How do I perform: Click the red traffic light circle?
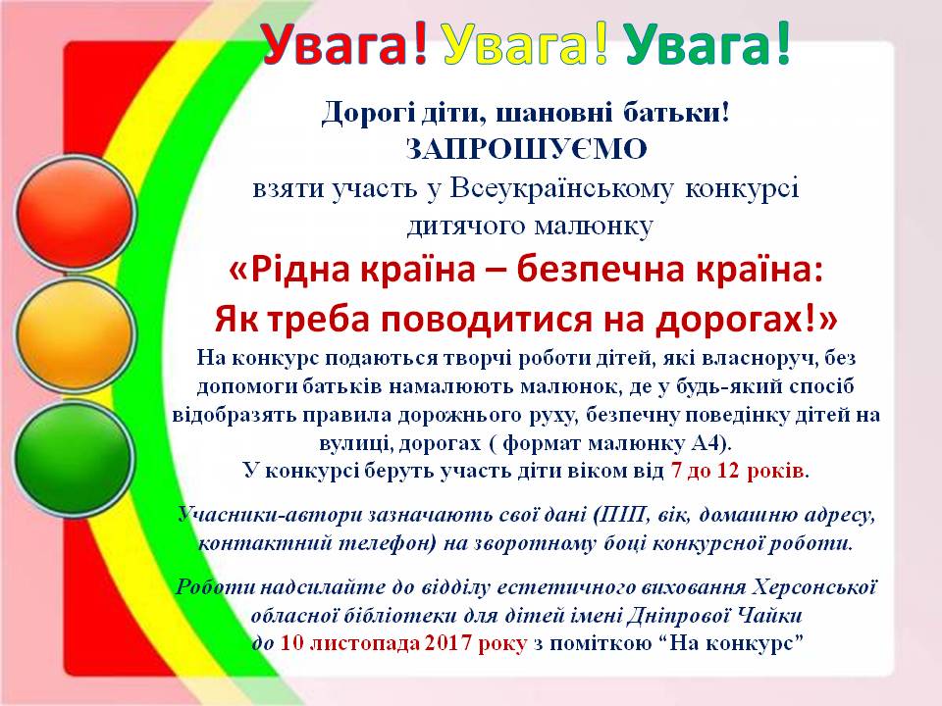(75, 213)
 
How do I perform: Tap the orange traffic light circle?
(75, 334)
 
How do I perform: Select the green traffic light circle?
(75, 459)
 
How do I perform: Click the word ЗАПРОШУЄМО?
(526, 149)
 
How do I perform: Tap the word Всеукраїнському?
(561, 189)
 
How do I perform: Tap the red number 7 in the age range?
(676, 470)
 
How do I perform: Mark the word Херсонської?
(815, 586)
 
